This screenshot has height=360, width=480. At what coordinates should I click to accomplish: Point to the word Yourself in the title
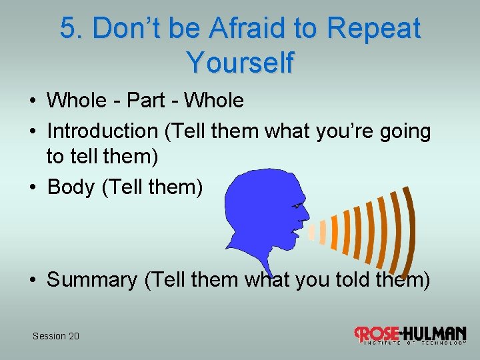pyautogui.click(x=240, y=63)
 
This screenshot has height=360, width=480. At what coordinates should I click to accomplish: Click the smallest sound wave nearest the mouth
pyautogui.click(x=311, y=232)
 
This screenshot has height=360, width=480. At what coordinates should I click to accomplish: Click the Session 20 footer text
pyautogui.click(x=56, y=336)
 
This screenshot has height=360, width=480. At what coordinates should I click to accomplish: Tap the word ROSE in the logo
pyautogui.click(x=378, y=333)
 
